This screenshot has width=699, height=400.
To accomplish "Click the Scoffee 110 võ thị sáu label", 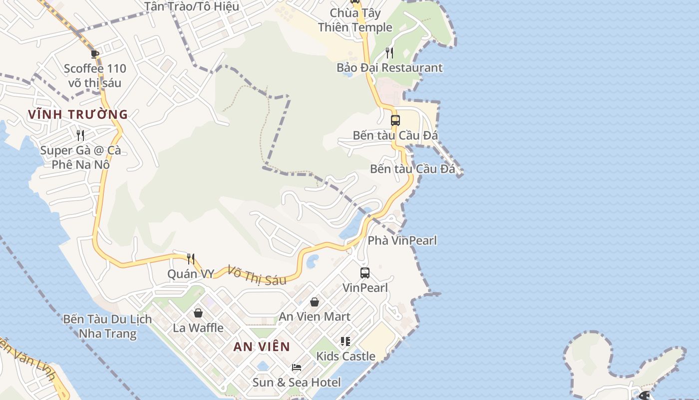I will point(95,75).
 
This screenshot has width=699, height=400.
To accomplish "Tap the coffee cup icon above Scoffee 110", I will point(95,54).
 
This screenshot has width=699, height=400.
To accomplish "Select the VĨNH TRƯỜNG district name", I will point(78,114).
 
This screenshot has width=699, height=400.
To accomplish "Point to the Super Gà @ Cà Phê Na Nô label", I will point(80,157).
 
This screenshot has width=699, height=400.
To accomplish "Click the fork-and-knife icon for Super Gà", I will point(80,135).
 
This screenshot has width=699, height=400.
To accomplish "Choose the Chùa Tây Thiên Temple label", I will point(355,20).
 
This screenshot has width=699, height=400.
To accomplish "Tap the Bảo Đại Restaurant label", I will point(389,67).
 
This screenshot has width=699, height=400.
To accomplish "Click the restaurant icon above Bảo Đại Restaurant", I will point(389,52).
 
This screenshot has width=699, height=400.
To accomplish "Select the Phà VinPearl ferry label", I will point(402,240).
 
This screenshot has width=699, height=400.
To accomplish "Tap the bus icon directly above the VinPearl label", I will point(365,273).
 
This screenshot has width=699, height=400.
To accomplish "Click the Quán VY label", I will point(191,273).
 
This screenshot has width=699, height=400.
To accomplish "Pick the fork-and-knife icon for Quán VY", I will point(190,258).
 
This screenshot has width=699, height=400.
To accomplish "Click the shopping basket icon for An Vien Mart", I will point(315,302).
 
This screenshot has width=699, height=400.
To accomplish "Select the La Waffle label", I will point(198,327).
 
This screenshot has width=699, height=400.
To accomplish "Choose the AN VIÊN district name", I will point(262,346).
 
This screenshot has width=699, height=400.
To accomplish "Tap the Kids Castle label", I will point(346,356).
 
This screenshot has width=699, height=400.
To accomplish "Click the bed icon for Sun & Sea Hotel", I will point(297,367).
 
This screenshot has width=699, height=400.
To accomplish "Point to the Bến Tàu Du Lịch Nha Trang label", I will point(107,326).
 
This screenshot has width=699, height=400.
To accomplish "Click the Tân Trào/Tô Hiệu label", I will point(192,6).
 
